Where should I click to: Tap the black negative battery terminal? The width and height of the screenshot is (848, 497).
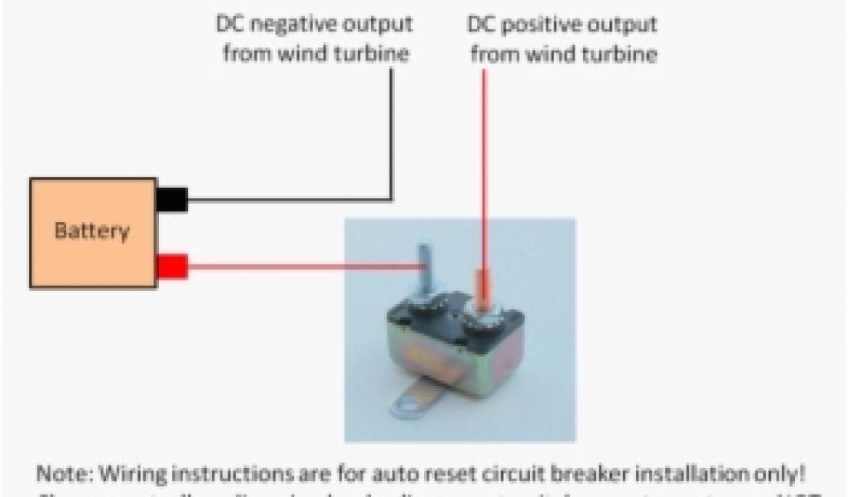coord(171,200)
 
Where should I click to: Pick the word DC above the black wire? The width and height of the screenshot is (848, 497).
coord(230,25)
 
